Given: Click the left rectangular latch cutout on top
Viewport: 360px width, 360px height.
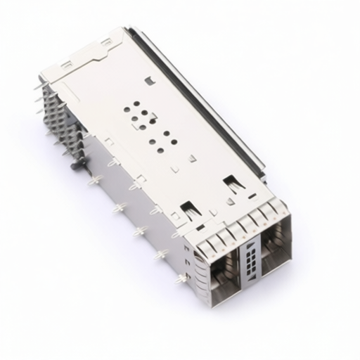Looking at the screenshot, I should [188, 209].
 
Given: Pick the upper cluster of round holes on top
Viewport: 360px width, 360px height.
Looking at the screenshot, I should [139, 112].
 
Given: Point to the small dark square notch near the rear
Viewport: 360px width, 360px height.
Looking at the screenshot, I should [148, 81].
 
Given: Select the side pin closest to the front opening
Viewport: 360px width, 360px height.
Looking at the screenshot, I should [181, 278].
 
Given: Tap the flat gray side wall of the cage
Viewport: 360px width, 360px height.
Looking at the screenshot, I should [134, 211].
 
